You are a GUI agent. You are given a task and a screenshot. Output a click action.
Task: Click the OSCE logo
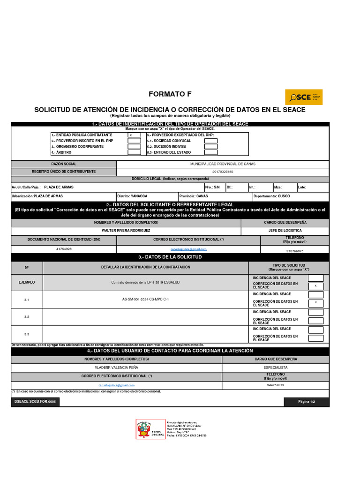click(x=303, y=97)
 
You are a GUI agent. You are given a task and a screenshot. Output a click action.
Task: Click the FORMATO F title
click(x=170, y=94)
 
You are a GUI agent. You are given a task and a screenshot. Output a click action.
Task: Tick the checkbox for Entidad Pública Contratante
click(x=134, y=135)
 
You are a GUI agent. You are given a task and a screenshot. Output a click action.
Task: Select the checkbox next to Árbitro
click(x=134, y=152)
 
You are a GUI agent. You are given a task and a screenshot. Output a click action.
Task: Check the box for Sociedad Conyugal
click(x=211, y=141)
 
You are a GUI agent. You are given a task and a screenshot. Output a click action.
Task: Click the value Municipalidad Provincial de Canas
click(x=223, y=164)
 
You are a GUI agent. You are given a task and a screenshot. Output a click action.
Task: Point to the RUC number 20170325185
click(x=223, y=172)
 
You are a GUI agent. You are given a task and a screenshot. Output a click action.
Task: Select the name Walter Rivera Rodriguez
click(x=126, y=231)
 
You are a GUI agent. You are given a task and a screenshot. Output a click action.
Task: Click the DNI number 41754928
click(x=64, y=249)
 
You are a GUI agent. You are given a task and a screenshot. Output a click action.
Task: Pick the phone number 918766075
click(x=294, y=251)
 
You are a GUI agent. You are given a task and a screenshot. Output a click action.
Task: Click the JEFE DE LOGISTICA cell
click(x=285, y=231)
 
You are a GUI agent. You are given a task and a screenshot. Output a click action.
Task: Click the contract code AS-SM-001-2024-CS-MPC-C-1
click(x=145, y=299)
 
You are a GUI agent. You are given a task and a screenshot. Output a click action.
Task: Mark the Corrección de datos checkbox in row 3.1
click(x=315, y=303)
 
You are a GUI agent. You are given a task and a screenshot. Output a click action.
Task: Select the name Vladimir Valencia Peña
click(x=116, y=367)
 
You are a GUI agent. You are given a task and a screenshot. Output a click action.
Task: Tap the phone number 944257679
click(x=275, y=385)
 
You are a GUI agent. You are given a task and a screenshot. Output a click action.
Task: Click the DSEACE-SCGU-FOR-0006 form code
click(x=35, y=402)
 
